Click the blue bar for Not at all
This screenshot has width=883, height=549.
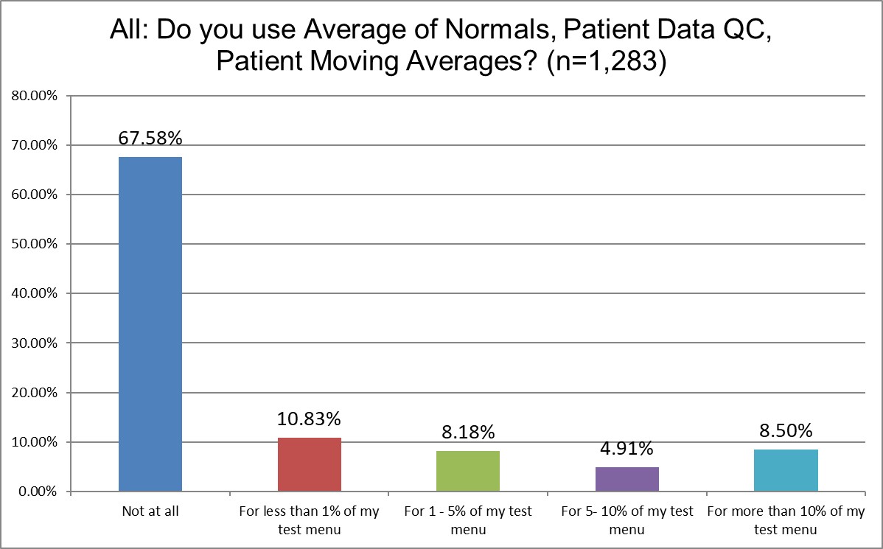150,324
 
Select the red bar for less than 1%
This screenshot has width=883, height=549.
310,464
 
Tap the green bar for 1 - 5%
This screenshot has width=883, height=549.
468,471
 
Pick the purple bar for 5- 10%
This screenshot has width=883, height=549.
627,479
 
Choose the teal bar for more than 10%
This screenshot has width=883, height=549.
786,470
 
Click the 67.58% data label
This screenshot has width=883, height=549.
150,139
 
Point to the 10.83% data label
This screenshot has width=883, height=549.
310,419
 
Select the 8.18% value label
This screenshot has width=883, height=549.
468,432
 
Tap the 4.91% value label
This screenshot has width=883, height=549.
627,448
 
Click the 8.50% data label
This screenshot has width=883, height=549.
786,430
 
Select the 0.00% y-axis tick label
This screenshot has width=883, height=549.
35,492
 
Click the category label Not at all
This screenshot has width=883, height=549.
150,511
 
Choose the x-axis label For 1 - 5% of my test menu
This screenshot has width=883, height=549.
468,520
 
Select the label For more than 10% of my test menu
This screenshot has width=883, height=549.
786,520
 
